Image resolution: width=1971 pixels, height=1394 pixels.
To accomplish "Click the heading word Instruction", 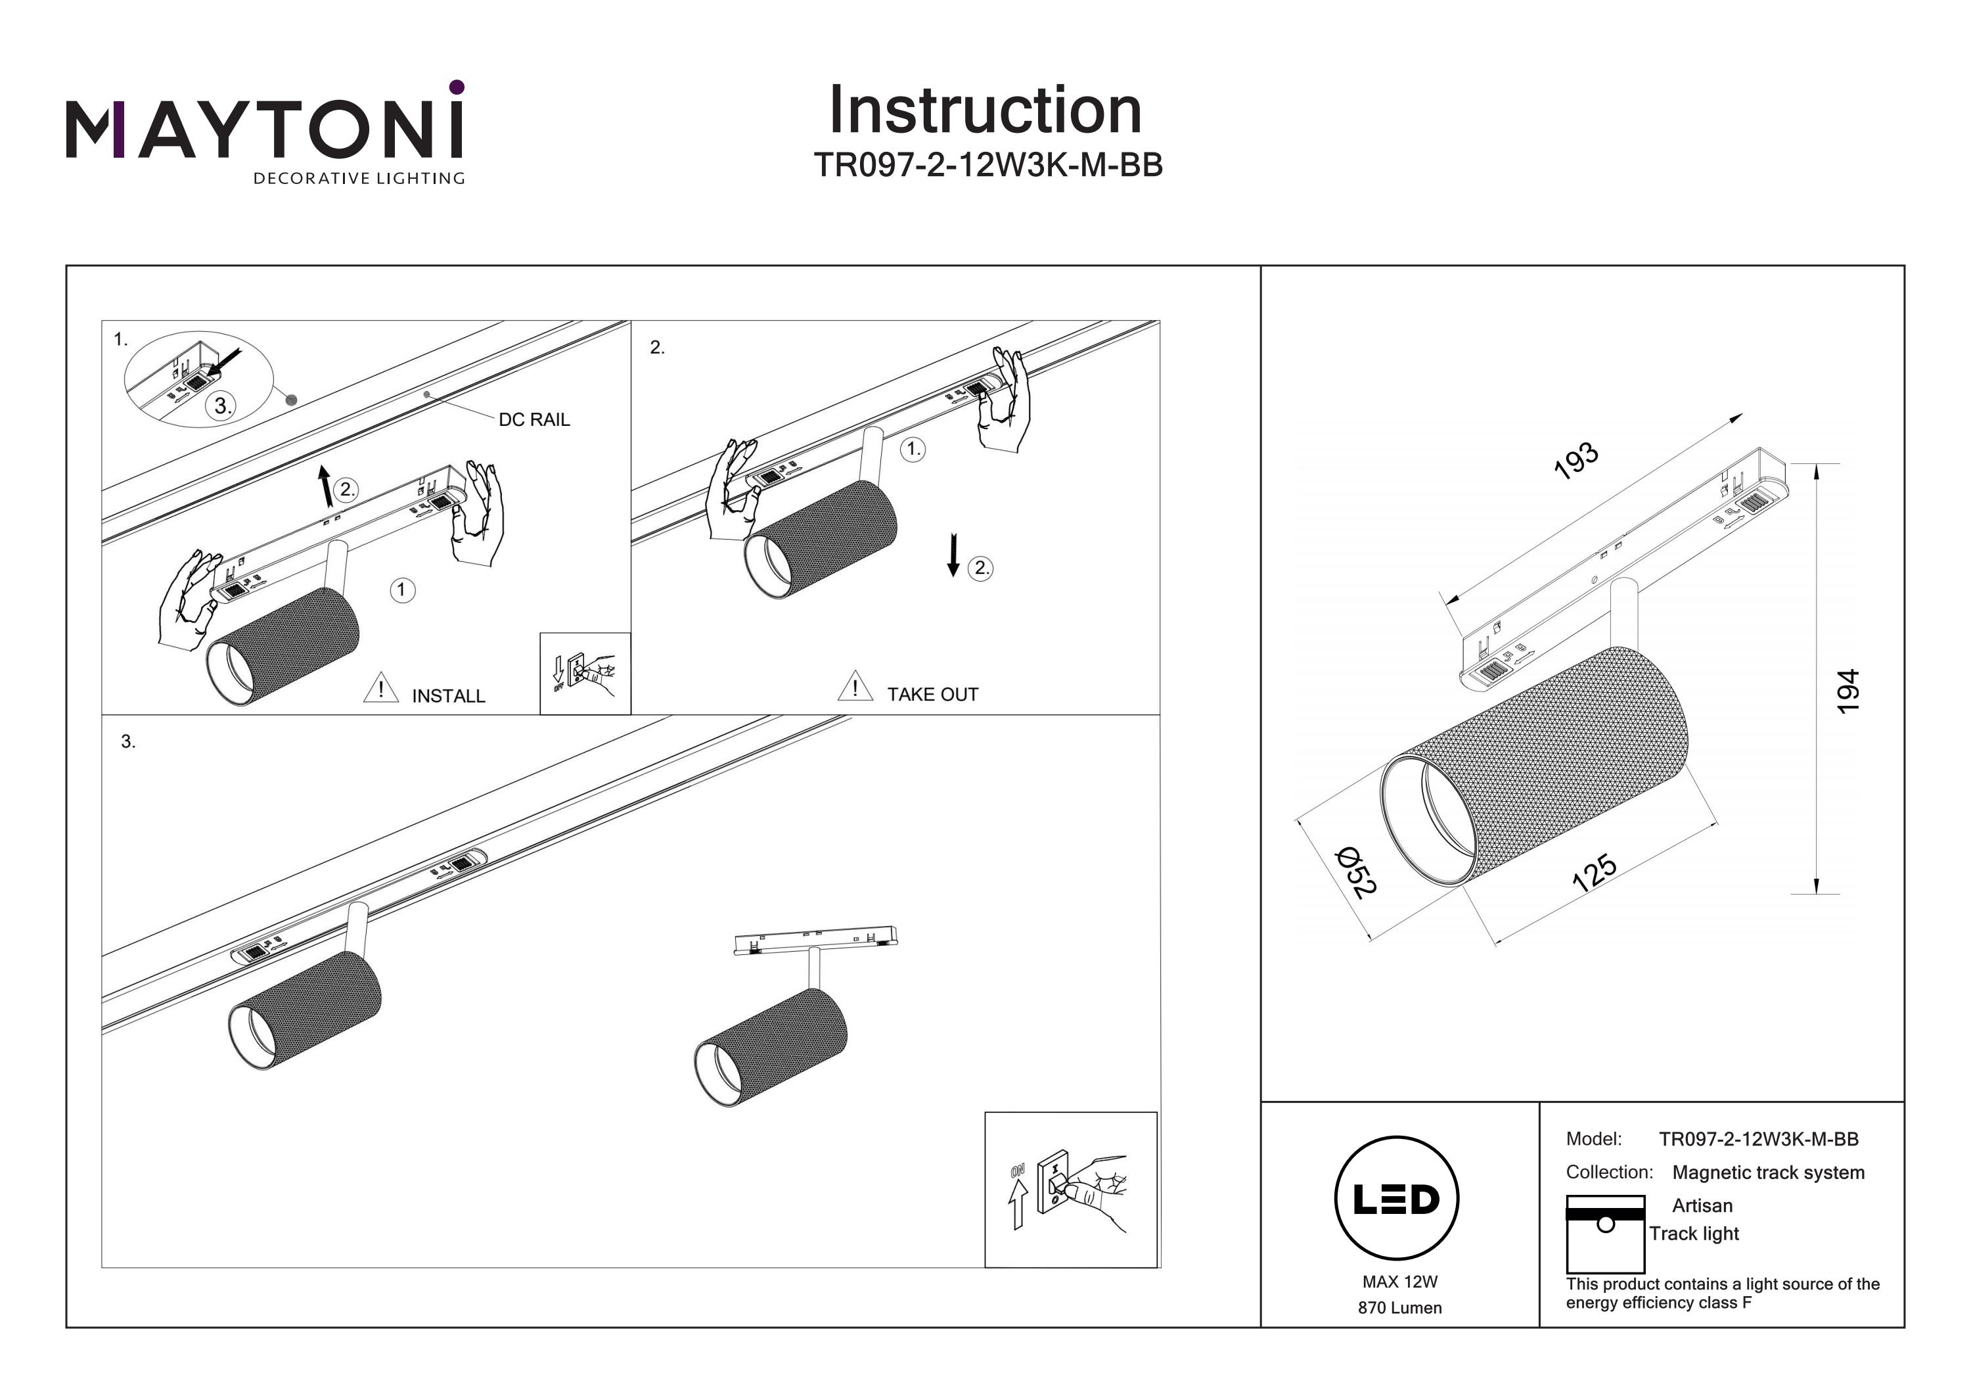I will (x=985, y=111).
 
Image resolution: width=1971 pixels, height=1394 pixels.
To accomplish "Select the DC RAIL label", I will (x=534, y=420).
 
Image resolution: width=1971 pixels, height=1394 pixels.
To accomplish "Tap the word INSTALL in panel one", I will (x=448, y=696).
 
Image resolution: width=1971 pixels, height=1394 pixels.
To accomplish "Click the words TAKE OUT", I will (x=932, y=694).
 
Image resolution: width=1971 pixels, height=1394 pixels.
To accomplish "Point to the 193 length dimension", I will (x=1576, y=460).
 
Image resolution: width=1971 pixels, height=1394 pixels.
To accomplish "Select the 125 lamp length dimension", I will (x=1594, y=873).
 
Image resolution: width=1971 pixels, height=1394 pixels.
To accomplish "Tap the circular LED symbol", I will (x=1397, y=1198).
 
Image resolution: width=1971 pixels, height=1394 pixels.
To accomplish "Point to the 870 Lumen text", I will (x=1399, y=1308).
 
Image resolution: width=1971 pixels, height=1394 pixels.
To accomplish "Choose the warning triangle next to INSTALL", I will (x=380, y=689).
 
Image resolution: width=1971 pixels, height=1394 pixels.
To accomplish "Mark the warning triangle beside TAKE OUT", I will (x=855, y=686).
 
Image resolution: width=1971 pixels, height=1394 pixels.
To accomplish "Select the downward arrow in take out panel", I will (x=953, y=554).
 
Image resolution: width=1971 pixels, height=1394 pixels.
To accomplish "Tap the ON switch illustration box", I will (x=1070, y=1189).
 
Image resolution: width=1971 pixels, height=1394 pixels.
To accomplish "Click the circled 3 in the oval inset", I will (x=221, y=406).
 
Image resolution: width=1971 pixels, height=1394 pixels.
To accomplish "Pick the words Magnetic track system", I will (x=1767, y=1173).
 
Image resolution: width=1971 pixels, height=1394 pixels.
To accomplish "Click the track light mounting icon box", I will (x=1604, y=1234).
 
